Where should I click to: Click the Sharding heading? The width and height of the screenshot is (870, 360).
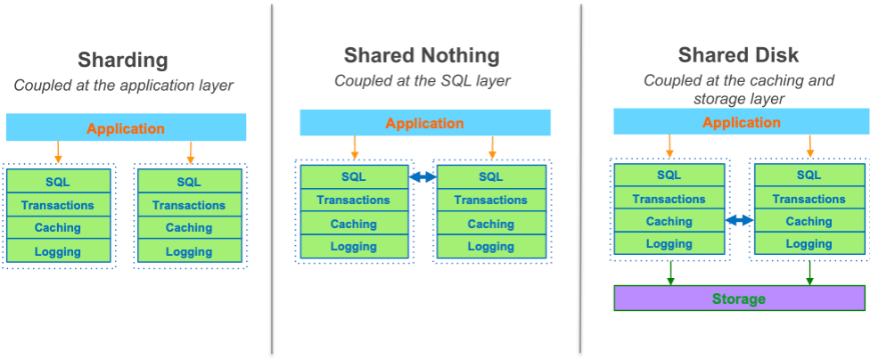click(x=123, y=60)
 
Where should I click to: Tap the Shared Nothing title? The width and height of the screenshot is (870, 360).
click(x=422, y=55)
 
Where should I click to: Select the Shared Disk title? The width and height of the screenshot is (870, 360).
click(x=738, y=55)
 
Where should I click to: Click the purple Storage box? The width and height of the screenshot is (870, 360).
click(x=739, y=299)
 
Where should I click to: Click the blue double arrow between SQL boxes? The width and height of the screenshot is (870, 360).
click(x=423, y=177)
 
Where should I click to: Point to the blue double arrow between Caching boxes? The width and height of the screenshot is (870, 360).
click(x=740, y=220)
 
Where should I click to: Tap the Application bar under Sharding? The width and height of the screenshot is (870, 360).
click(x=126, y=127)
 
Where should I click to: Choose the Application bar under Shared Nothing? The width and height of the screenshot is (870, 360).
click(x=425, y=123)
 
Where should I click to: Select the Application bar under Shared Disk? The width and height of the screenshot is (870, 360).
click(x=742, y=121)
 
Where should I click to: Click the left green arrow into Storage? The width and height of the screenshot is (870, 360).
click(x=670, y=273)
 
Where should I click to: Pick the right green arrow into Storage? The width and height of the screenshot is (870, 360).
click(x=809, y=273)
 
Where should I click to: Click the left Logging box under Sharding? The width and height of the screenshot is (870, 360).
click(x=58, y=251)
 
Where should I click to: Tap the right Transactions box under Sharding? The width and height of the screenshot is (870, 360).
click(x=189, y=205)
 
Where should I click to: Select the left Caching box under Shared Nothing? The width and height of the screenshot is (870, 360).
click(x=354, y=224)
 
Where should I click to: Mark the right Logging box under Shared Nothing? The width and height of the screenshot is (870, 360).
click(x=491, y=246)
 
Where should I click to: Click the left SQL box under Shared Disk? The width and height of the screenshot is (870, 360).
click(x=669, y=175)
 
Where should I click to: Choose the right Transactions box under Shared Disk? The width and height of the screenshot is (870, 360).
click(x=809, y=198)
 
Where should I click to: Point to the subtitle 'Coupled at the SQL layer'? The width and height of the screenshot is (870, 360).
click(x=422, y=81)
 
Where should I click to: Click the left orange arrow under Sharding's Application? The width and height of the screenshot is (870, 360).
click(x=58, y=152)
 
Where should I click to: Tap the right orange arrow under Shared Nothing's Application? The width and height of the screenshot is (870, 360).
click(x=491, y=148)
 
